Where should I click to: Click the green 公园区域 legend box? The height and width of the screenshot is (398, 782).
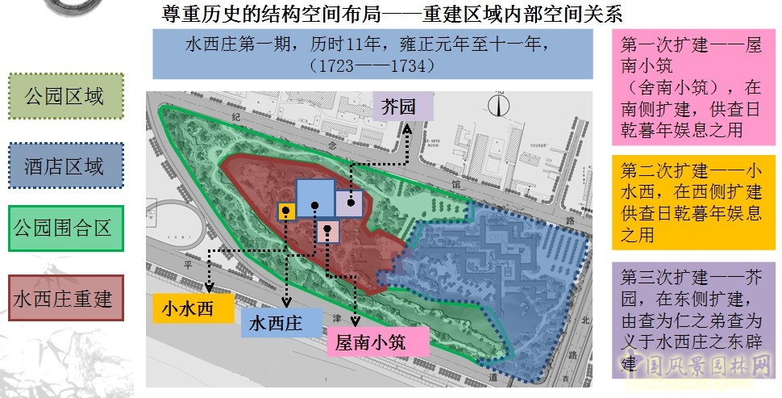66,97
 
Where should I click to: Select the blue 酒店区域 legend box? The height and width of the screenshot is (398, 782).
66,166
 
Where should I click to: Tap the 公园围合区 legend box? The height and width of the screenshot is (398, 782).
66,228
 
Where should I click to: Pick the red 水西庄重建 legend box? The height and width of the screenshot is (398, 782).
66,297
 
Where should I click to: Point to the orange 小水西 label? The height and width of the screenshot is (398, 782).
193,308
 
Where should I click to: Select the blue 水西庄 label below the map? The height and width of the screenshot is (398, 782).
276,323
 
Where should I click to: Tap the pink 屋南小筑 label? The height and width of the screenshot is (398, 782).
371,341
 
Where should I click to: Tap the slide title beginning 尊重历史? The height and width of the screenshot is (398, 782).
393,15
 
